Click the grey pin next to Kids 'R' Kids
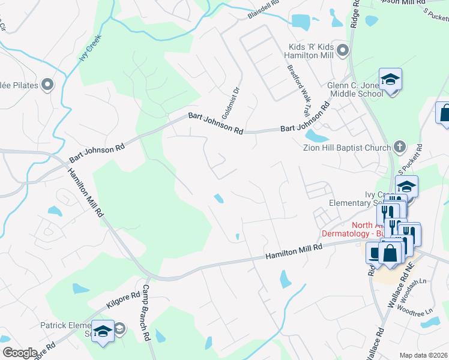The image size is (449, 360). pyautogui.click(x=343, y=50)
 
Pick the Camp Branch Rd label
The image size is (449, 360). pyautogui.click(x=146, y=313)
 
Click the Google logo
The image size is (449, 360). pyautogui.click(x=20, y=352)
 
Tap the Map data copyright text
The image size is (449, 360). pyautogui.click(x=423, y=355)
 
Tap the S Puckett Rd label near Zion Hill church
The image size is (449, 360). pyautogui.click(x=411, y=158)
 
